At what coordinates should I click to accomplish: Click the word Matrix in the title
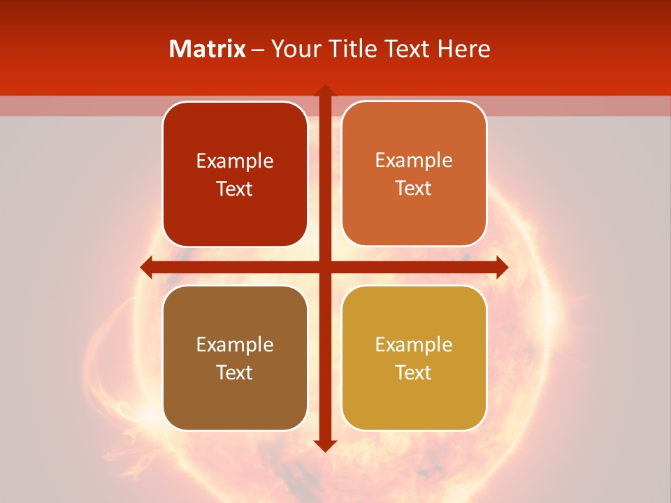pyautogui.click(x=208, y=49)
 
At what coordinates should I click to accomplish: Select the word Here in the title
pyautogui.click(x=463, y=49)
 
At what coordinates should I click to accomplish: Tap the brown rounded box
pyautogui.click(x=235, y=398)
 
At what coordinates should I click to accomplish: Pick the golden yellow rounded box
pyautogui.click(x=414, y=398)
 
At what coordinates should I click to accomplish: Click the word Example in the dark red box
pyautogui.click(x=235, y=161)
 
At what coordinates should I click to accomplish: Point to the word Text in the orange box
pyautogui.click(x=414, y=189)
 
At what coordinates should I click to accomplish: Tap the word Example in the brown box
pyautogui.click(x=235, y=345)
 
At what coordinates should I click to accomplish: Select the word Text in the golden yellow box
pyautogui.click(x=414, y=372)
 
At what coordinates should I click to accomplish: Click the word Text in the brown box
pyautogui.click(x=235, y=372)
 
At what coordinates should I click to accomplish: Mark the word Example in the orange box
pyautogui.click(x=414, y=161)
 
